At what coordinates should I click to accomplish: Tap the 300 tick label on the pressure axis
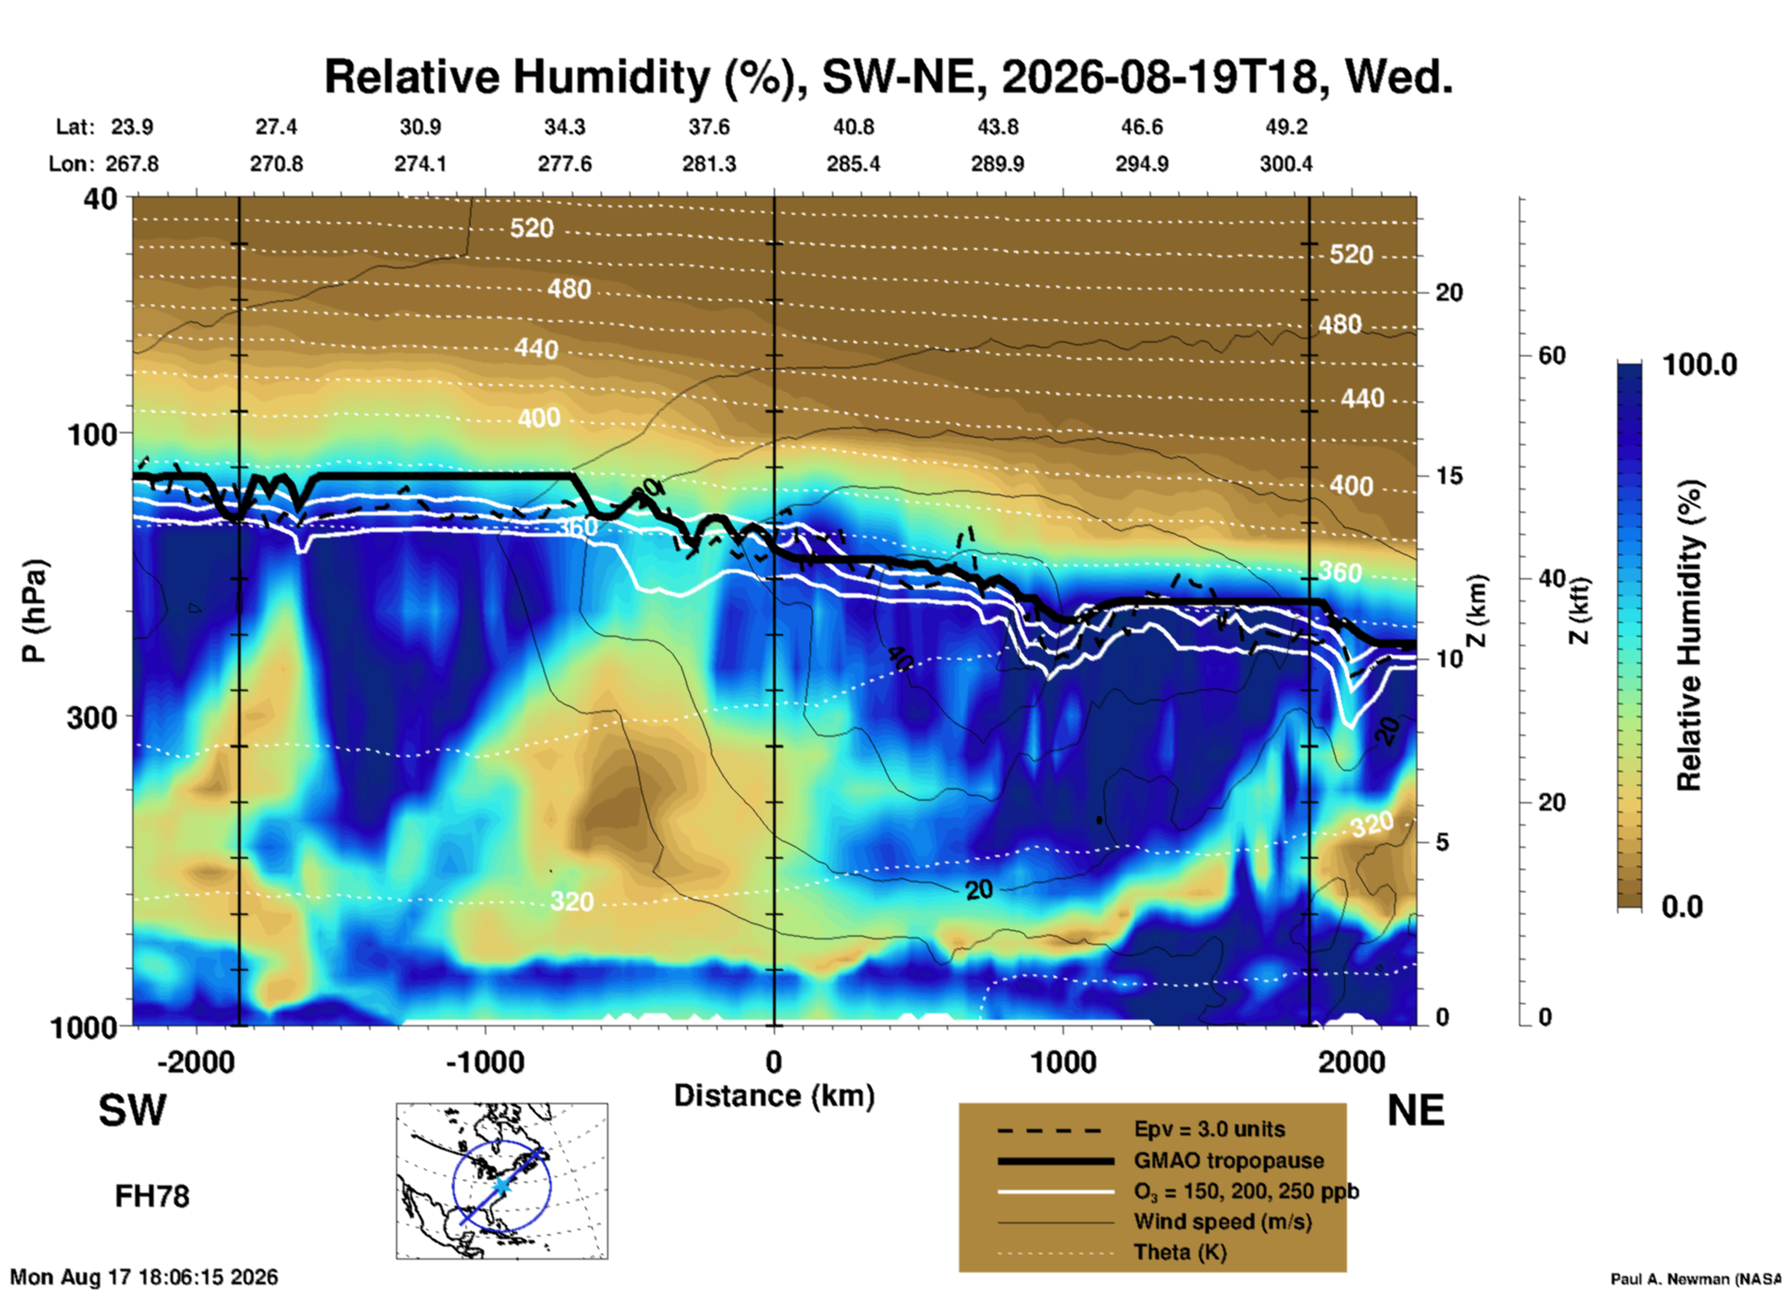pyautogui.click(x=92, y=717)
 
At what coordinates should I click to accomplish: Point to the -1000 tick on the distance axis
pyautogui.click(x=484, y=1062)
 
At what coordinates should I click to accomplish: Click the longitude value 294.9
pyautogui.click(x=1141, y=164)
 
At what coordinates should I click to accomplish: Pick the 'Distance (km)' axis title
pyautogui.click(x=774, y=1096)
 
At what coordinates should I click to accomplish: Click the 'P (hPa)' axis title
pyautogui.click(x=34, y=611)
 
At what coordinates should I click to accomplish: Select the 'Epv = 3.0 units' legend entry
pyautogui.click(x=1209, y=1129)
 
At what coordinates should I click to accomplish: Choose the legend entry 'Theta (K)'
pyautogui.click(x=1180, y=1252)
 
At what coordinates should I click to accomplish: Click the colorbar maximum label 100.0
pyautogui.click(x=1701, y=365)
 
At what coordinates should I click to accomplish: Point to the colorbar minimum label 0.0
pyautogui.click(x=1682, y=906)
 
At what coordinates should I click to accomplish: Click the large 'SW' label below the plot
pyautogui.click(x=132, y=1110)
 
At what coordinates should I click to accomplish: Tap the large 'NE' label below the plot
pyautogui.click(x=1415, y=1110)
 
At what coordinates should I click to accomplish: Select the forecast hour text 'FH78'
pyautogui.click(x=152, y=1197)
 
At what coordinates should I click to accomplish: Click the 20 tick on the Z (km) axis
pyautogui.click(x=1449, y=292)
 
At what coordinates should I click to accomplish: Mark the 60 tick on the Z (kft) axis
pyautogui.click(x=1552, y=355)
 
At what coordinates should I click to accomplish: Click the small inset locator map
pyautogui.click(x=502, y=1181)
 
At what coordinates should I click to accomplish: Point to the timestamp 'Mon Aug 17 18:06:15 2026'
pyautogui.click(x=143, y=1277)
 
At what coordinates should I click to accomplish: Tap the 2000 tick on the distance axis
pyautogui.click(x=1352, y=1062)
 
